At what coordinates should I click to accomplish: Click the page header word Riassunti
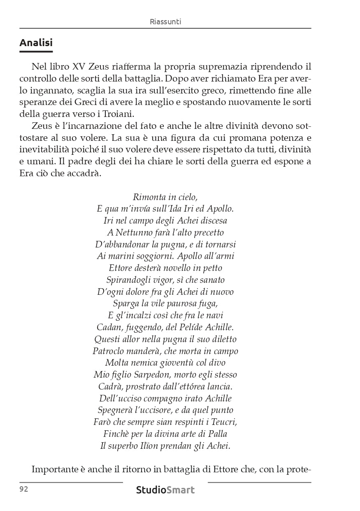click(165, 22)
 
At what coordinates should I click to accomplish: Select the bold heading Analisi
click(36, 42)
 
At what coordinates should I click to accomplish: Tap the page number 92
click(23, 489)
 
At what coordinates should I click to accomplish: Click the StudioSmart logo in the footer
click(165, 490)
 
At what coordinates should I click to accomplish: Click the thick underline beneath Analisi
click(36, 51)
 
